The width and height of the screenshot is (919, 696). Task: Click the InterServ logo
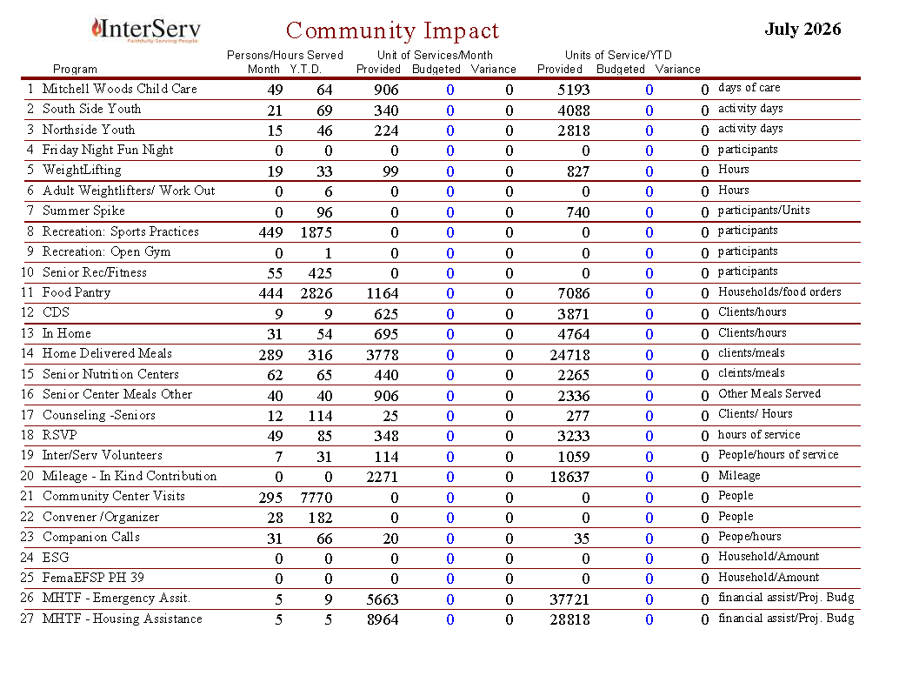click(x=146, y=30)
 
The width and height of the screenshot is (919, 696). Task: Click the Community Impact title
click(x=392, y=30)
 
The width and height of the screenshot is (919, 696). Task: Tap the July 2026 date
click(x=802, y=30)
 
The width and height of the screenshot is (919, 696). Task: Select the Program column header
click(x=75, y=70)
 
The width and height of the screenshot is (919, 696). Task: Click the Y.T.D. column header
click(x=305, y=70)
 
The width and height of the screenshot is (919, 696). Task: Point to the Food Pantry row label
click(x=77, y=292)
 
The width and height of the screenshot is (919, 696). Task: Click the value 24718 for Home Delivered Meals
click(x=569, y=355)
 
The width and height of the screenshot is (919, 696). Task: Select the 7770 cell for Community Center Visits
click(x=316, y=498)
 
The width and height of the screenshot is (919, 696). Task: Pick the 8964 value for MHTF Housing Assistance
click(x=383, y=619)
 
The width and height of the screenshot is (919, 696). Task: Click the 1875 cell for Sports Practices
click(x=316, y=232)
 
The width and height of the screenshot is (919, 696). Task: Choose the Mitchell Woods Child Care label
click(x=120, y=89)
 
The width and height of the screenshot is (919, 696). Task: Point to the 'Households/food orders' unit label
click(x=780, y=292)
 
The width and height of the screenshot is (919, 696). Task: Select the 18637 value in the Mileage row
click(x=569, y=477)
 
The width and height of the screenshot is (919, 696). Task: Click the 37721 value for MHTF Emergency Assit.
click(x=569, y=599)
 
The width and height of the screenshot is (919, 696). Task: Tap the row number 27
click(x=27, y=619)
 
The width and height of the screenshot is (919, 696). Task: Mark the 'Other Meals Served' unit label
click(x=769, y=393)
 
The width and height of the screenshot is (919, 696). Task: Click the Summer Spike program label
click(x=83, y=211)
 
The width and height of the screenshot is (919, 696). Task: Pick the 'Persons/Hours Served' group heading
click(x=285, y=55)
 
